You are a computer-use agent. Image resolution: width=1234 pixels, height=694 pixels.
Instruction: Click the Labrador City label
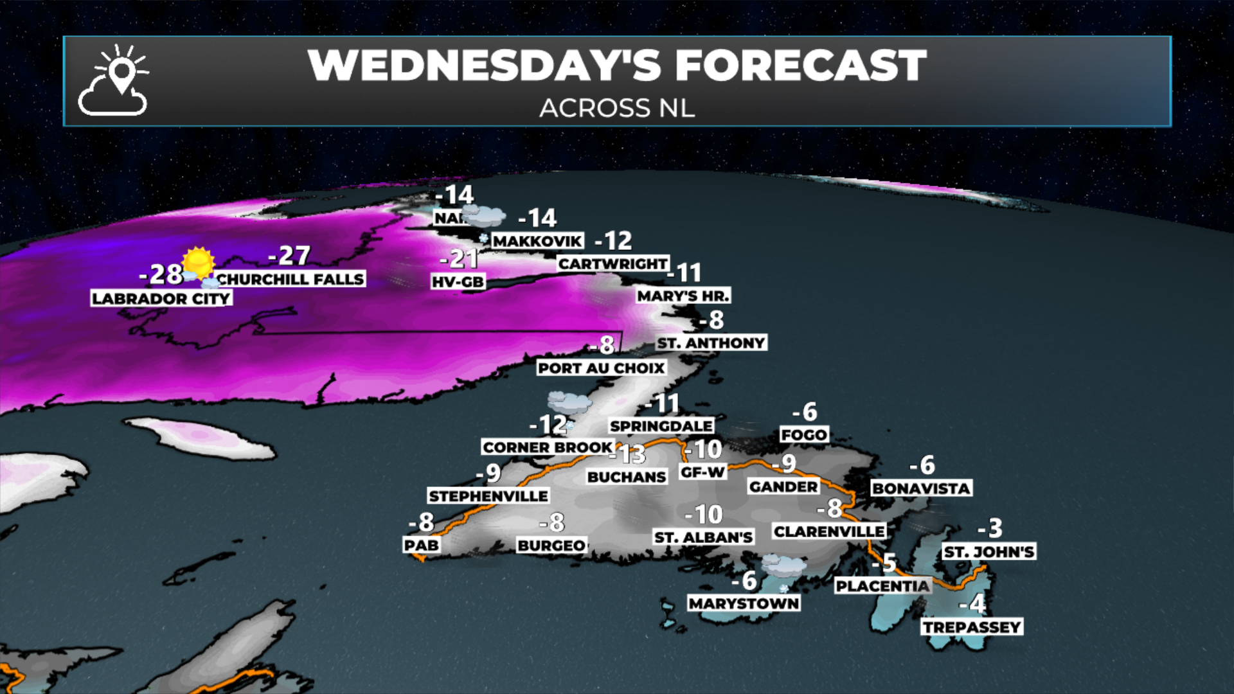161,298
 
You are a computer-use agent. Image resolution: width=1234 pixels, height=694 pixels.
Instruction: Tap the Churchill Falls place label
290,279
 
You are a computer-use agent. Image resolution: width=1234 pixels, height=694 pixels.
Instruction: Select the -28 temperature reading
161,274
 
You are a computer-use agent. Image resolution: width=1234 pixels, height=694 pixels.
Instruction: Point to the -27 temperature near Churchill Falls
289,256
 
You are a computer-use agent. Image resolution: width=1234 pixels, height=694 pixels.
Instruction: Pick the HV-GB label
458,281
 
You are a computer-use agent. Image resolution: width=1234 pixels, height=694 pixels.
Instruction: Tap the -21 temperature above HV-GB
459,258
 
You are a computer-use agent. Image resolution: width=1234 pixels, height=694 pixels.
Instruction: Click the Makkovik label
537,241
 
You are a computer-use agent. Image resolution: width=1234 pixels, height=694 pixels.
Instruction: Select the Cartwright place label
613,263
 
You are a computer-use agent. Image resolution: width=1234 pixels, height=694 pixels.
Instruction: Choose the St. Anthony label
711,343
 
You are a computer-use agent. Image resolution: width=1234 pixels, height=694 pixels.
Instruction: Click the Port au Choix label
601,368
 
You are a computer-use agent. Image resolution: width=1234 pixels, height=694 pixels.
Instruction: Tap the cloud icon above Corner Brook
569,403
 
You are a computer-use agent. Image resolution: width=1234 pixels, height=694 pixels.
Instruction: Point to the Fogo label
803,434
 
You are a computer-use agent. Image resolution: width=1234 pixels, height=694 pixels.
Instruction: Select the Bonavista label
921,488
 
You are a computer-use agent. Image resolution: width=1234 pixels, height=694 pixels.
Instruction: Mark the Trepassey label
972,627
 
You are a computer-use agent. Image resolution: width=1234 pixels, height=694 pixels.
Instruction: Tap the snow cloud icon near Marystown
783,567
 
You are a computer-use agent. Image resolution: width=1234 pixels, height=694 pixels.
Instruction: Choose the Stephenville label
488,495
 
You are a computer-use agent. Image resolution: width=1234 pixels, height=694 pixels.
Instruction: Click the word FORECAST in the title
800,66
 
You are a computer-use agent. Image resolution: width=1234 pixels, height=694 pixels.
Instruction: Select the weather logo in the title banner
114,81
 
